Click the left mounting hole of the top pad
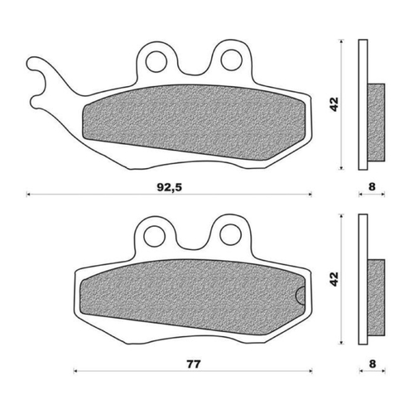[154, 60]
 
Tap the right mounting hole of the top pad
[228, 60]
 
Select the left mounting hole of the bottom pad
[154, 235]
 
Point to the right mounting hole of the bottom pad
[228, 235]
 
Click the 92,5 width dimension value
[167, 187]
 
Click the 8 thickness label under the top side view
[372, 187]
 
